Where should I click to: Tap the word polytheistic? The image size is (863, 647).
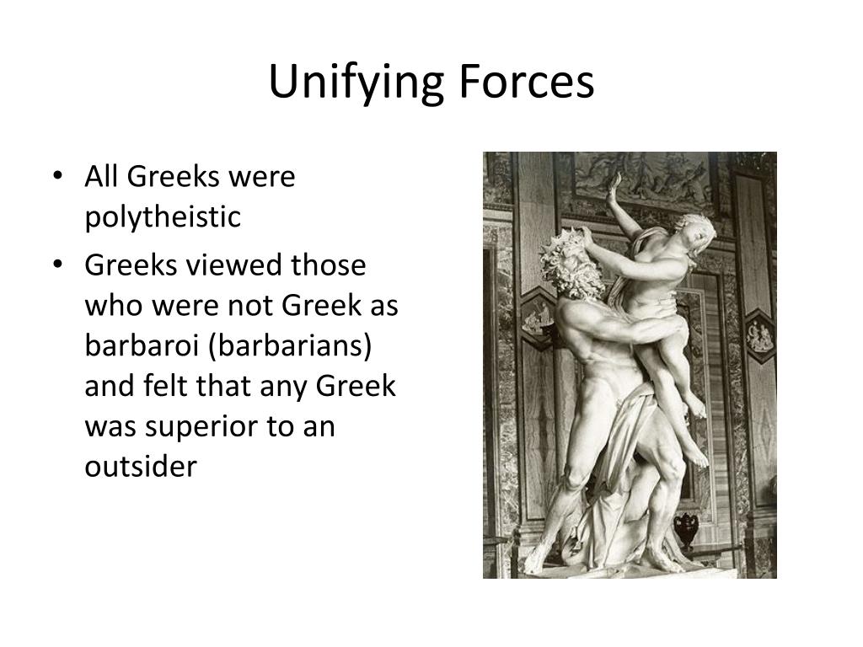(163, 217)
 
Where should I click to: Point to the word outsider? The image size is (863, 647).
(140, 467)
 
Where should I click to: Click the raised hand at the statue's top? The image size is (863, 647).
(614, 184)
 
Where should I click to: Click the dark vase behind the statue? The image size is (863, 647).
(687, 528)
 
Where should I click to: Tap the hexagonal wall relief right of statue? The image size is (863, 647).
(759, 335)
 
